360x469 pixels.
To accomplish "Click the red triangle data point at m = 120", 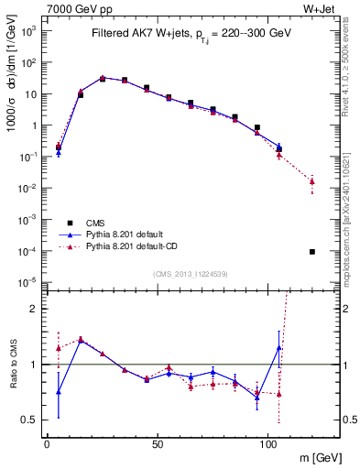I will pos(312,181).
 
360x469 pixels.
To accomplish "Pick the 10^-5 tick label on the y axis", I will pos(27,282).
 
